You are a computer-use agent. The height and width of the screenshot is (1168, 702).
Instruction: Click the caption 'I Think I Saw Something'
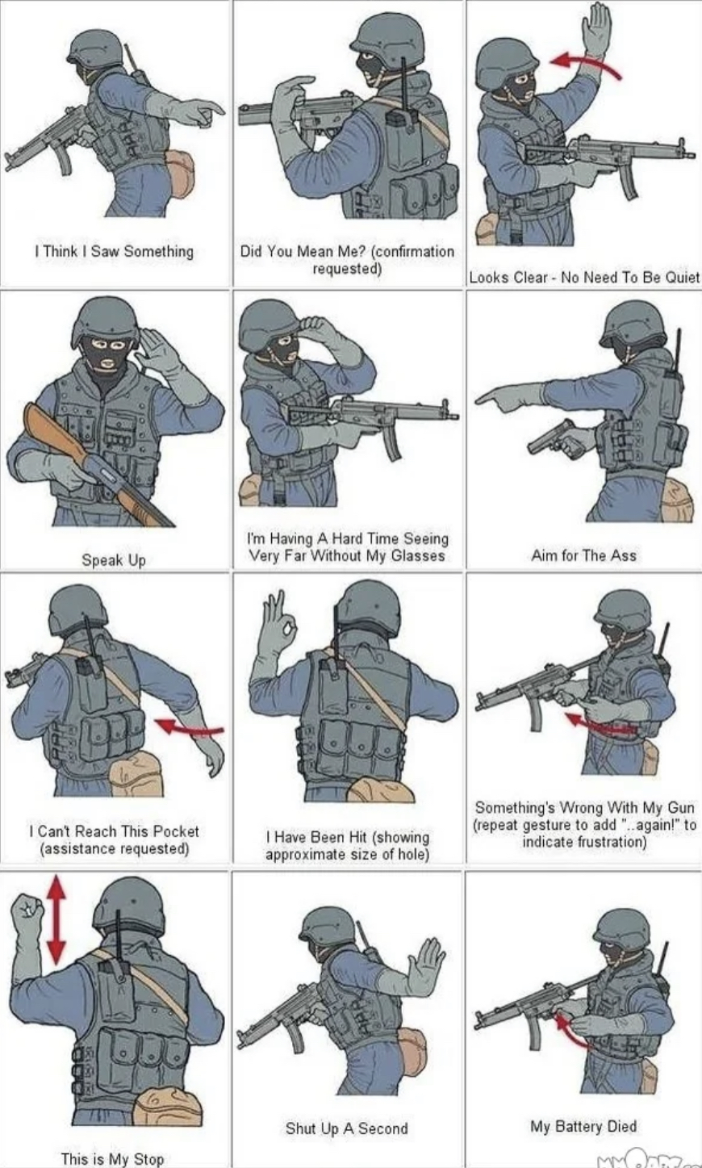click(x=113, y=251)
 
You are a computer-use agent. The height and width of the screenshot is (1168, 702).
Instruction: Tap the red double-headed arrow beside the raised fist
click(x=55, y=919)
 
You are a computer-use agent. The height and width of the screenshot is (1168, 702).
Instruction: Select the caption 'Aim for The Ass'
click(x=583, y=555)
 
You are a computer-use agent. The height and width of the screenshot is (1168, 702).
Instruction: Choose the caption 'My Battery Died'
click(x=583, y=1126)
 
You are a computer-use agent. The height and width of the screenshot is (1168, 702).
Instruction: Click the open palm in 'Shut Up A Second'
click(x=425, y=965)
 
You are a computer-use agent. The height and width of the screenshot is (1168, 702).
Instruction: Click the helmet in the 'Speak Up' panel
click(x=106, y=319)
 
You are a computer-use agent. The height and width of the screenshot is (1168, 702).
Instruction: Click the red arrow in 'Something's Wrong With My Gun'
click(x=601, y=723)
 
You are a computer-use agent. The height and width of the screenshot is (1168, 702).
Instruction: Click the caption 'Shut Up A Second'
click(x=346, y=1128)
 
